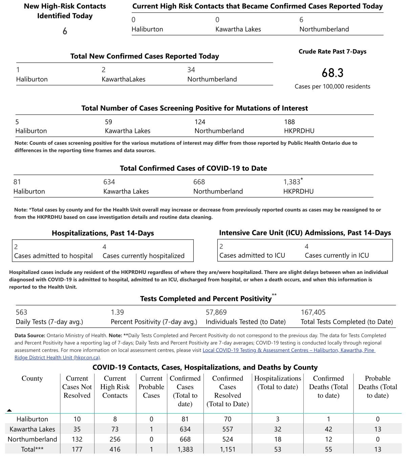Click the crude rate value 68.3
click(332, 73)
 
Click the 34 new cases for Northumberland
click(191, 70)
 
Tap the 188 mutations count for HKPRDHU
click(289, 122)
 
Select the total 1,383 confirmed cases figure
click(292, 182)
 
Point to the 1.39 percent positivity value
click(117, 312)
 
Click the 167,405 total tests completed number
click(313, 312)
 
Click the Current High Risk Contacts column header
click(115, 387)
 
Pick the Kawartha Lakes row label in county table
click(32, 429)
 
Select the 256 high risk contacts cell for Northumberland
click(115, 439)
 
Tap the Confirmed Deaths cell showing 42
click(328, 429)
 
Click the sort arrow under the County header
click(9, 411)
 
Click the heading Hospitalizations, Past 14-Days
click(103, 233)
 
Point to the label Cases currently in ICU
click(337, 256)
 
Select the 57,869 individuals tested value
click(216, 312)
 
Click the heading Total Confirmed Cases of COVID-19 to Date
click(193, 168)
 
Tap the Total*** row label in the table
click(32, 450)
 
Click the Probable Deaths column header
click(378, 387)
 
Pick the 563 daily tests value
click(21, 312)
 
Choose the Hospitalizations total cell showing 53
click(278, 450)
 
